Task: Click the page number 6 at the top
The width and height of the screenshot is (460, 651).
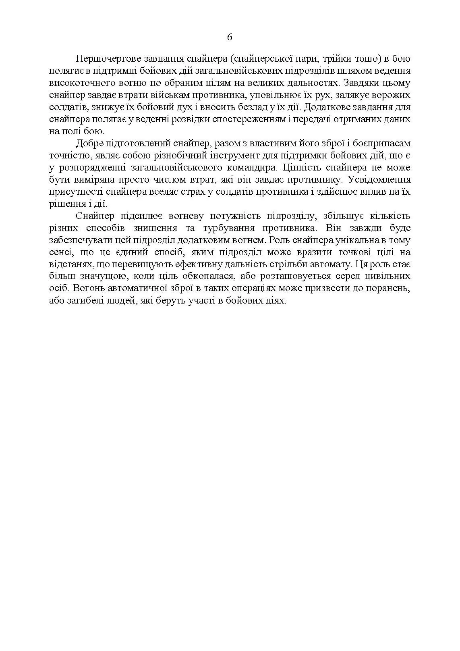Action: coord(230,37)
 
